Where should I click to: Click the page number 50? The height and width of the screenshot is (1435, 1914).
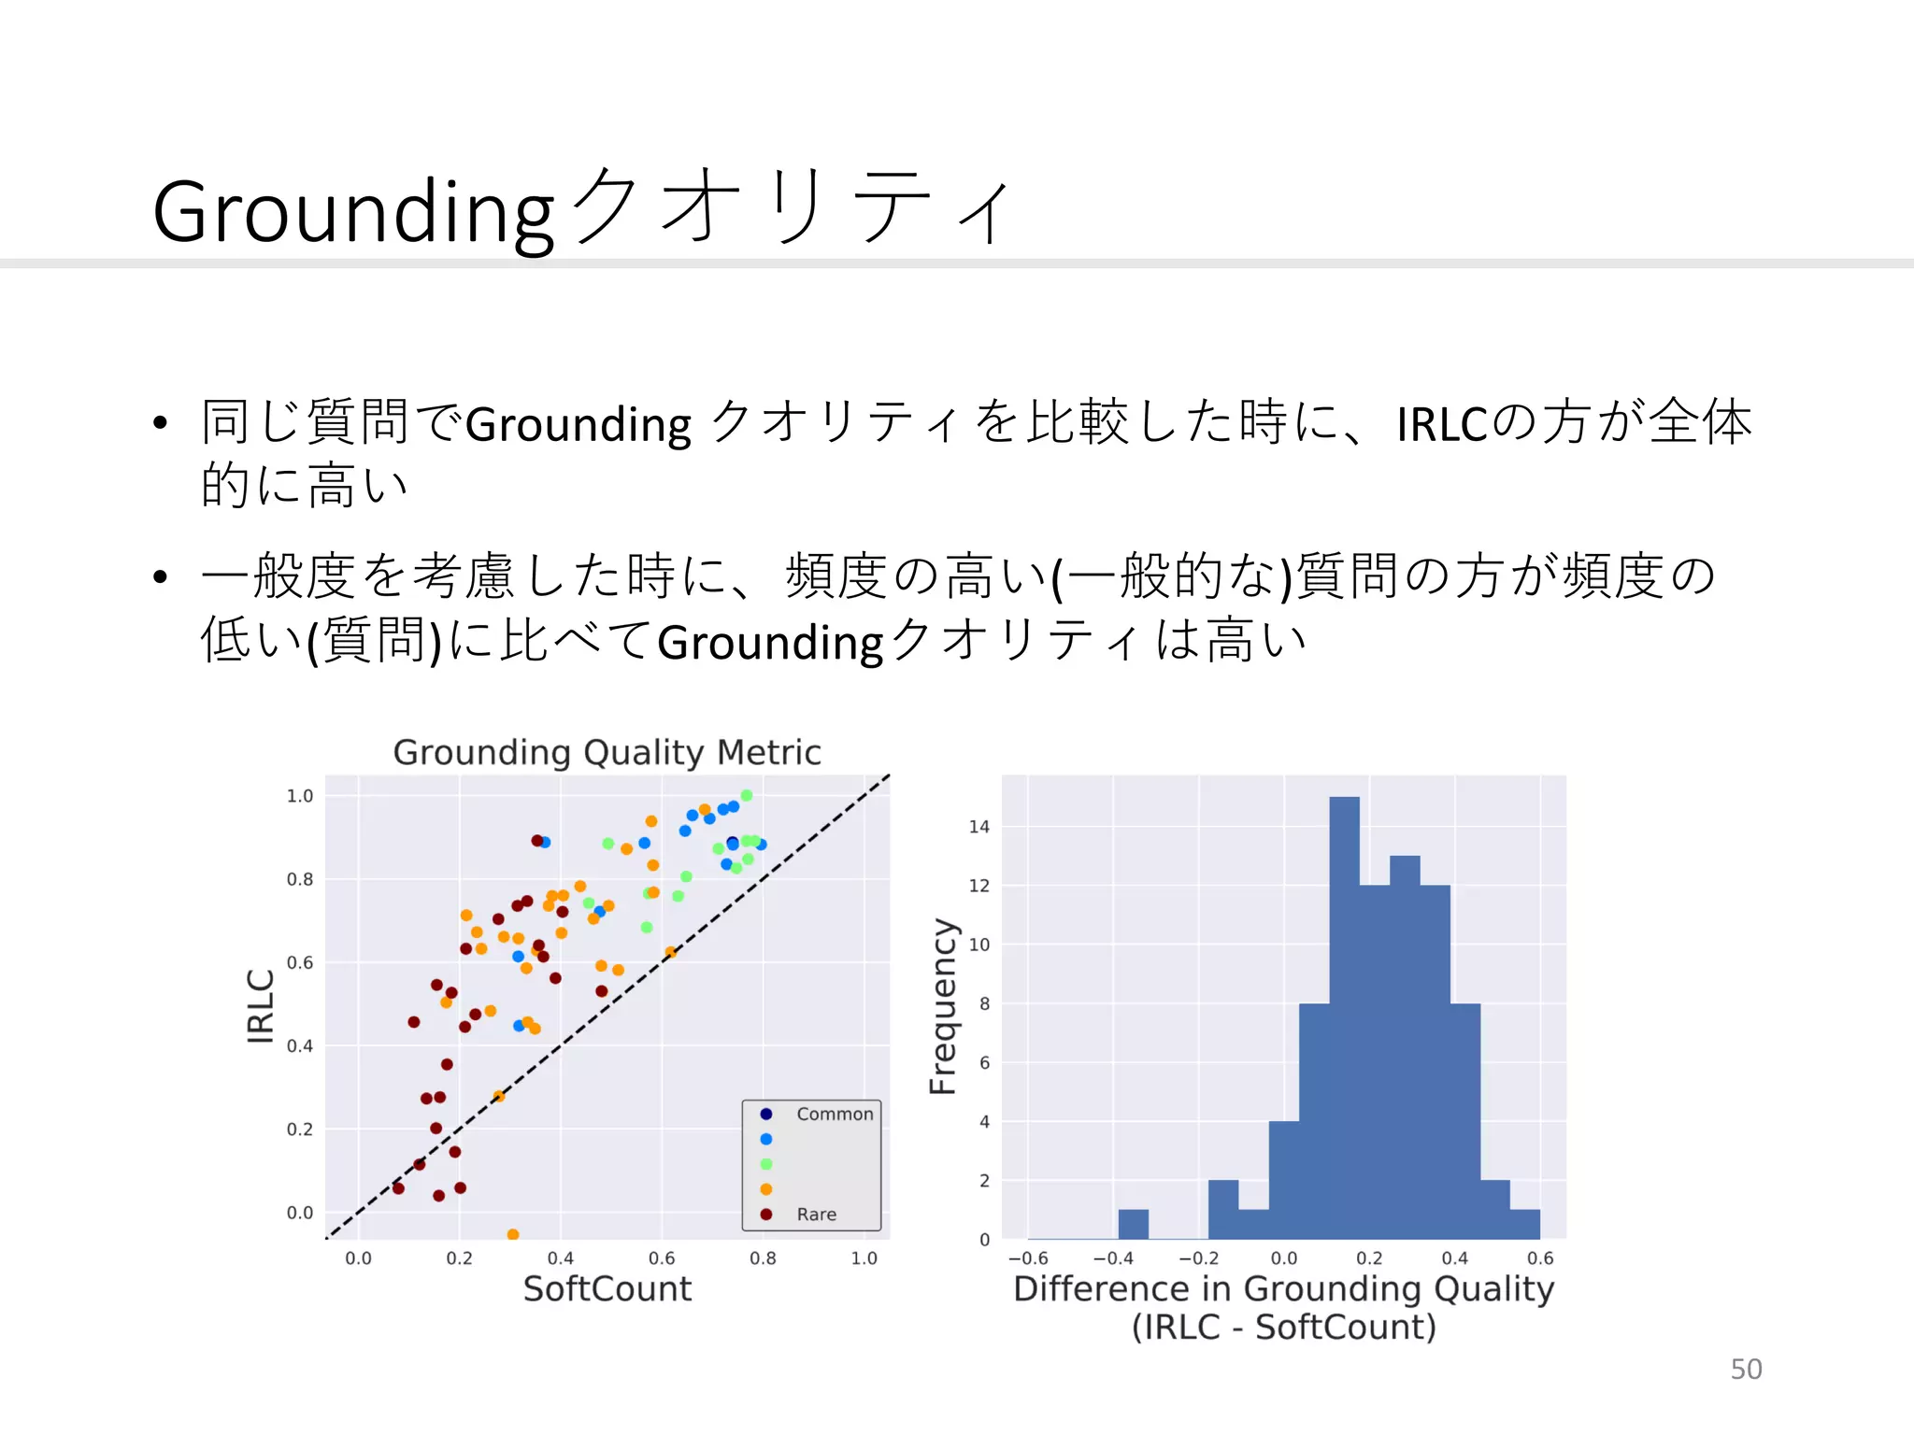(1746, 1369)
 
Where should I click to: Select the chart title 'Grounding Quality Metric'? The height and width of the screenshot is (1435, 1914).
(607, 752)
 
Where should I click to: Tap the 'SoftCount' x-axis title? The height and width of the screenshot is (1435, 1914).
(607, 1289)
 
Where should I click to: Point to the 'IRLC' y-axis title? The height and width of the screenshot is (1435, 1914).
(261, 1005)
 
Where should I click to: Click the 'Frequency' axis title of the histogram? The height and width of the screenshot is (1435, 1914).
(942, 1005)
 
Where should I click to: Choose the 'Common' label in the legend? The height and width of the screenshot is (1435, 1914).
(835, 1114)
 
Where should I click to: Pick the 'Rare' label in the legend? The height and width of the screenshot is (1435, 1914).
(816, 1214)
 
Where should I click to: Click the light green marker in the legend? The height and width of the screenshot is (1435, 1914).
(766, 1164)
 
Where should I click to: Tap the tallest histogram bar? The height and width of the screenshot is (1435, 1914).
(1344, 1018)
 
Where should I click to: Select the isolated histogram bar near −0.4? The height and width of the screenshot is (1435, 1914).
(1133, 1224)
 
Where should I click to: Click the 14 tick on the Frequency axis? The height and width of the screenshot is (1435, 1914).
(978, 826)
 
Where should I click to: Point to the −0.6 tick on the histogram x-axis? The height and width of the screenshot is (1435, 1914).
(1027, 1258)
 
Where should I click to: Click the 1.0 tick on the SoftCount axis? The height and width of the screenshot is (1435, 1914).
(864, 1258)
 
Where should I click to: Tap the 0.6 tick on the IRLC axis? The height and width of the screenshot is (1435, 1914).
(299, 962)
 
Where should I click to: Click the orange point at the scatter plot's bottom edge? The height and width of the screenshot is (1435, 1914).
(512, 1235)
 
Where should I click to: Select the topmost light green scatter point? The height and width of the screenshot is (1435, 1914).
(746, 795)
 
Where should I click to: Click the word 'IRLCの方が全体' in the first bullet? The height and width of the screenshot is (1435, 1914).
(1574, 422)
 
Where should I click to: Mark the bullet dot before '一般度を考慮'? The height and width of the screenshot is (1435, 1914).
(161, 576)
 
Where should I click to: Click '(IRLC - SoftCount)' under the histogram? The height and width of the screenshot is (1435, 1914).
(1283, 1327)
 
